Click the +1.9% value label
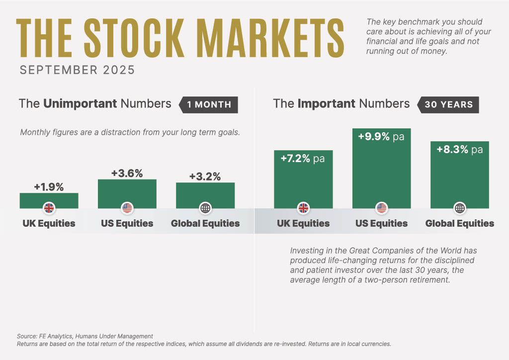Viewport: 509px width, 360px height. tap(49, 187)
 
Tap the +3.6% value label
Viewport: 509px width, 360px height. tap(127, 174)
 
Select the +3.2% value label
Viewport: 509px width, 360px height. tap(205, 177)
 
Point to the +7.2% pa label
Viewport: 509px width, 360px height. tap(303, 159)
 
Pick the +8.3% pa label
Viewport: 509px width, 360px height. tap(459, 149)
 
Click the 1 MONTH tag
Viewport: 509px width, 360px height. tap(209, 104)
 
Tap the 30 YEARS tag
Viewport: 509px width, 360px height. tap(448, 104)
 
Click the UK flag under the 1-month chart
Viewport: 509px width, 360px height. tap(49, 208)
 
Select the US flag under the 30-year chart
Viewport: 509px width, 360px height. tap(381, 208)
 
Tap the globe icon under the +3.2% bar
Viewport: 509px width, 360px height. tap(205, 208)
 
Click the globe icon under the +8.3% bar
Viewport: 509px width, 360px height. tap(459, 208)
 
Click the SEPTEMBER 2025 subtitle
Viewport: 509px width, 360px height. tap(77, 70)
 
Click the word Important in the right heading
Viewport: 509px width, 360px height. tap(326, 104)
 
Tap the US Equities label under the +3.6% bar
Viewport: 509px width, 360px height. tap(127, 223)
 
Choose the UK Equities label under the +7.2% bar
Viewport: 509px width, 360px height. tap(303, 223)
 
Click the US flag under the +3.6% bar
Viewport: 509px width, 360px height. tap(127, 208)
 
